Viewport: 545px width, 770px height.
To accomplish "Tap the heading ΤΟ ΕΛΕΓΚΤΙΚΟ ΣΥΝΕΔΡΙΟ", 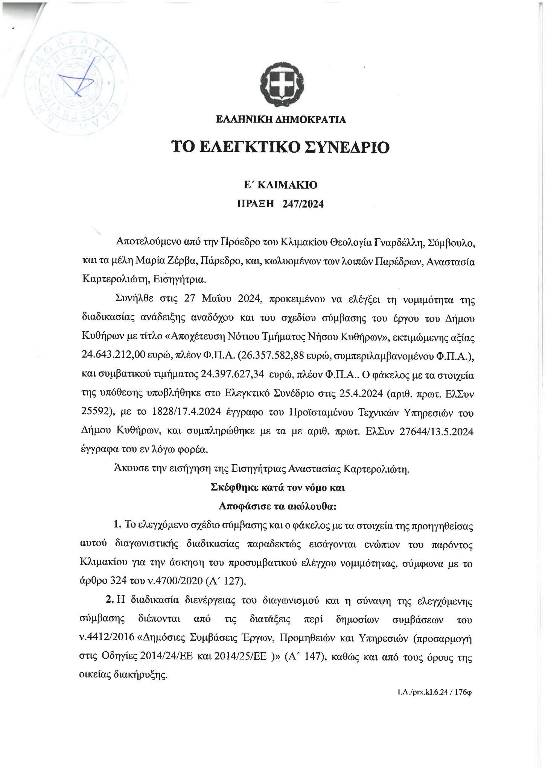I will point(280,147).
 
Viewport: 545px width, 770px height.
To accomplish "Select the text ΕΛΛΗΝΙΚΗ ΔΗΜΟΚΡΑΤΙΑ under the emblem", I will point(281,120).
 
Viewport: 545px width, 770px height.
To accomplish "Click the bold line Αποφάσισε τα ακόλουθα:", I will point(278,506).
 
